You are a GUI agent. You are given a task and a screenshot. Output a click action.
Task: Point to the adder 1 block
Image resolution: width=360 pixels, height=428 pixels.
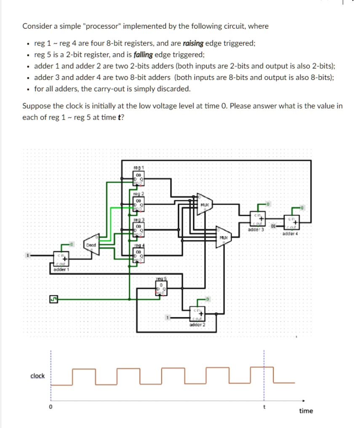click(x=61, y=259)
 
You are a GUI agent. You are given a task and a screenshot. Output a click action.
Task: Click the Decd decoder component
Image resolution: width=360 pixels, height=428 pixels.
click(x=92, y=247)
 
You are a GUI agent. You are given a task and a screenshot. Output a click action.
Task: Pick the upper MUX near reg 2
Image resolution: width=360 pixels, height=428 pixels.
click(x=204, y=204)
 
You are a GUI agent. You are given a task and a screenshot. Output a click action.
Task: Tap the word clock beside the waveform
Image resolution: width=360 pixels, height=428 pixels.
click(x=37, y=376)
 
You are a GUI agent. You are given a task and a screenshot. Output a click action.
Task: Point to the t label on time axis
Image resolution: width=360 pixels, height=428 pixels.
click(x=264, y=407)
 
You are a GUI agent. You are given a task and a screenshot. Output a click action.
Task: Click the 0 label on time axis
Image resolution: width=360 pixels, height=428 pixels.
click(x=51, y=407)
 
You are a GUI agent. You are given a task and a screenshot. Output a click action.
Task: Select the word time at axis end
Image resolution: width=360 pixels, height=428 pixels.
click(x=306, y=411)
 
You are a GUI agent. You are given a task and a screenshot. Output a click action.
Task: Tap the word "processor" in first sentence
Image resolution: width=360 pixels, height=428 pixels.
click(x=101, y=26)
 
